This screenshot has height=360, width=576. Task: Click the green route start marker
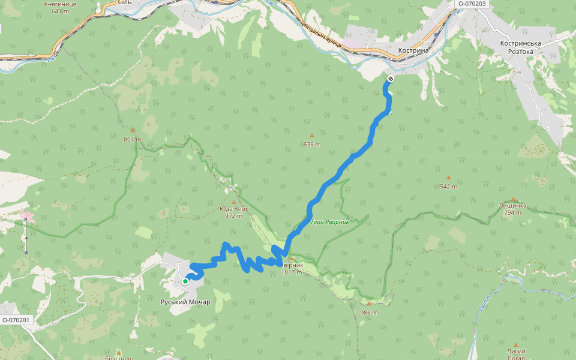tap(185, 281)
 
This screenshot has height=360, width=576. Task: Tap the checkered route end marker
tap(391, 79)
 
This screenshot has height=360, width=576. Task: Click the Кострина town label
tap(414, 51)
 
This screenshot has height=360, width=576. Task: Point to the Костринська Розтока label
tap(521, 47)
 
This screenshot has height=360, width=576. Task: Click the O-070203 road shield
tap(472, 4)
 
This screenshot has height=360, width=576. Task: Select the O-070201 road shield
tap(16, 320)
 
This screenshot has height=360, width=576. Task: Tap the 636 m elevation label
tap(312, 145)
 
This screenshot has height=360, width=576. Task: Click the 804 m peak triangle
tap(133, 130)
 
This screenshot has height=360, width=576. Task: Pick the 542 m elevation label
tap(448, 186)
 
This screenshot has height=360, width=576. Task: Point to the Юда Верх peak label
tap(233, 209)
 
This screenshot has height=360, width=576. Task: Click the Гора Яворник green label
tap(330, 222)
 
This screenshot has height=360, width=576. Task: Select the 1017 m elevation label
tap(292, 272)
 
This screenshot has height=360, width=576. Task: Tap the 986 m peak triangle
tap(369, 304)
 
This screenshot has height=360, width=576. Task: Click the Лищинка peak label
tap(513, 205)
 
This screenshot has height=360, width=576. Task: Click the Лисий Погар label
tap(515, 354)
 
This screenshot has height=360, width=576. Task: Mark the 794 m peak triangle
tap(513, 199)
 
